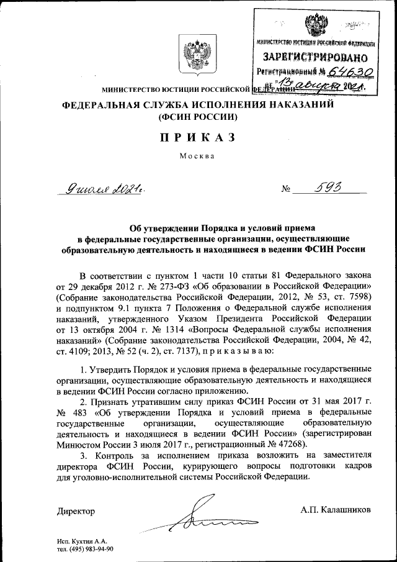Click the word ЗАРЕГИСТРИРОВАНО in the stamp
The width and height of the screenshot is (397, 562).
click(x=316, y=58)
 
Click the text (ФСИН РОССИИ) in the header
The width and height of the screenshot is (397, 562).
click(x=198, y=116)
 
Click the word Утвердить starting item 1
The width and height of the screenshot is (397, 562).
click(x=115, y=370)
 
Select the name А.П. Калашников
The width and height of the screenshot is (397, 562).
click(x=336, y=510)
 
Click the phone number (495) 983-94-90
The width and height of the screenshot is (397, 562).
click(x=92, y=549)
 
